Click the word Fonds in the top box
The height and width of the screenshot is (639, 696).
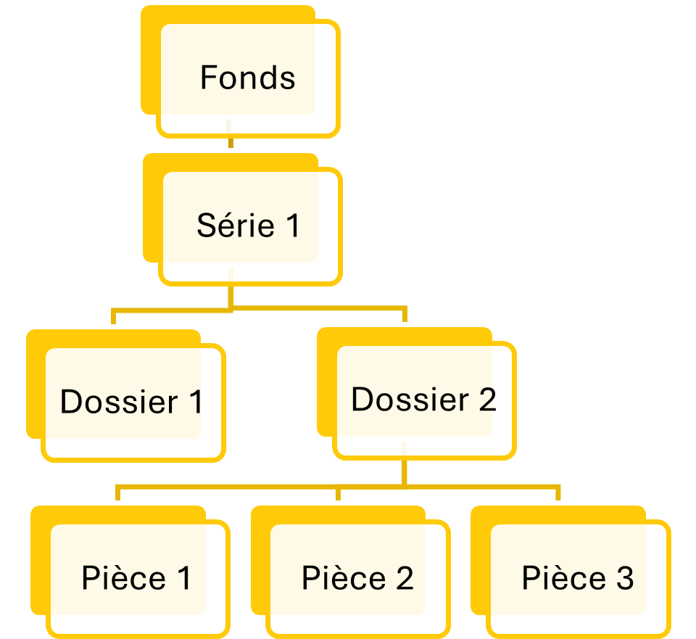point(247,78)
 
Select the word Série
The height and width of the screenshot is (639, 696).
point(235,226)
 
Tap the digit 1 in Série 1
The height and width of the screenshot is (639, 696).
point(291,226)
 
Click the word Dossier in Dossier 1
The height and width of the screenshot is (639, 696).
point(118,402)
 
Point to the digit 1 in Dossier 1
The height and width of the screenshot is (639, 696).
point(194,402)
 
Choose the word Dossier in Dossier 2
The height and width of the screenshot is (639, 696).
point(410,400)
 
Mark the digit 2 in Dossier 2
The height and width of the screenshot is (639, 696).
point(486,400)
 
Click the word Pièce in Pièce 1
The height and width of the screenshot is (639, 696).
point(123,579)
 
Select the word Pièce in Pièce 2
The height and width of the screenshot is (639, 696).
point(344,579)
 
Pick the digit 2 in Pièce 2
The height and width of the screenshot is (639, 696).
point(405,579)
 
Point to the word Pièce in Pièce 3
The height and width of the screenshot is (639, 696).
point(564,579)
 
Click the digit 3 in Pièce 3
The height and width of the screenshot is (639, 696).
point(625,579)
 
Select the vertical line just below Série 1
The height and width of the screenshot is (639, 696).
point(231,295)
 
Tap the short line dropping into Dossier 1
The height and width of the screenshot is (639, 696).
point(114,318)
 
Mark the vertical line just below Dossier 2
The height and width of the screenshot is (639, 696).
point(404,471)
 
